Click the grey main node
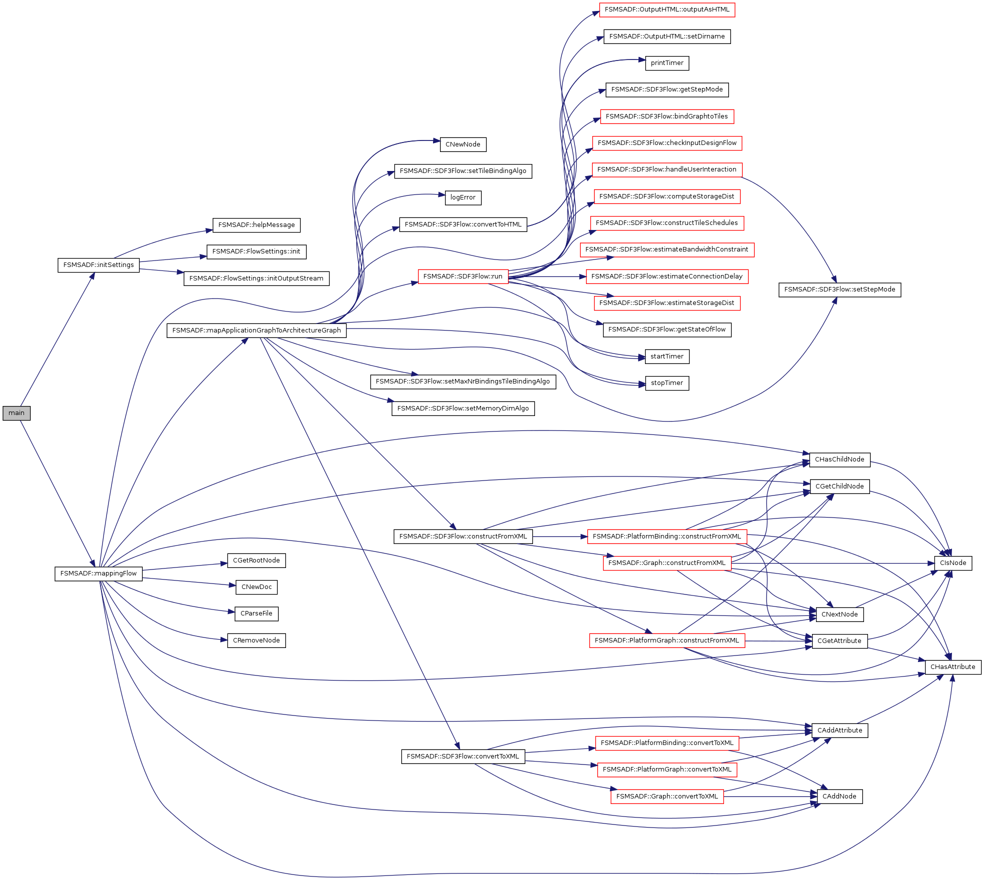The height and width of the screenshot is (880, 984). coord(16,413)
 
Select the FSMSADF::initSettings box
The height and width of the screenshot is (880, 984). coord(98,265)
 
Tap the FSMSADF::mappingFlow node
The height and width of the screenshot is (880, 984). coord(98,573)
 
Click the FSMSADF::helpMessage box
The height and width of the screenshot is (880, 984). coord(256,225)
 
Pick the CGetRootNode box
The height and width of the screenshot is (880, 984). coord(256,560)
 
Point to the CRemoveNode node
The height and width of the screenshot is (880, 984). coord(256,640)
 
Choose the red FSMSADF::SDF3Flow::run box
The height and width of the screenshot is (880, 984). coord(463,276)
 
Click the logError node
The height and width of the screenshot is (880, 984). coord(463,197)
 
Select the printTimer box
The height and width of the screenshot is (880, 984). coord(667,63)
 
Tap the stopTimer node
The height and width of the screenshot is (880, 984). coord(667,383)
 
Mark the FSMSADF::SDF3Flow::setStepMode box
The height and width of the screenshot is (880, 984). coord(840,289)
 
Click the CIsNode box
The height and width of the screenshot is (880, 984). coord(953,563)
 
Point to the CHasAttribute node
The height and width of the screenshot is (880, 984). coord(953,667)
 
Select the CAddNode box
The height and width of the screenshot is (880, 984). coord(839,796)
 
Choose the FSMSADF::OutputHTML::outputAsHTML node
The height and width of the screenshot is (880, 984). coord(667,9)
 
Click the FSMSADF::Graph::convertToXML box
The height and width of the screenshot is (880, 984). coord(667,796)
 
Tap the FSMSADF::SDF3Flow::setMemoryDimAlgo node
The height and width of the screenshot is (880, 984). coord(463,408)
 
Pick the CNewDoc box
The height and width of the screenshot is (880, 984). coord(256,587)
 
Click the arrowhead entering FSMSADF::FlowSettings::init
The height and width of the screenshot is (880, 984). coord(204,257)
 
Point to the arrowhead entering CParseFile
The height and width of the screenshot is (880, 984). coord(232,611)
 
